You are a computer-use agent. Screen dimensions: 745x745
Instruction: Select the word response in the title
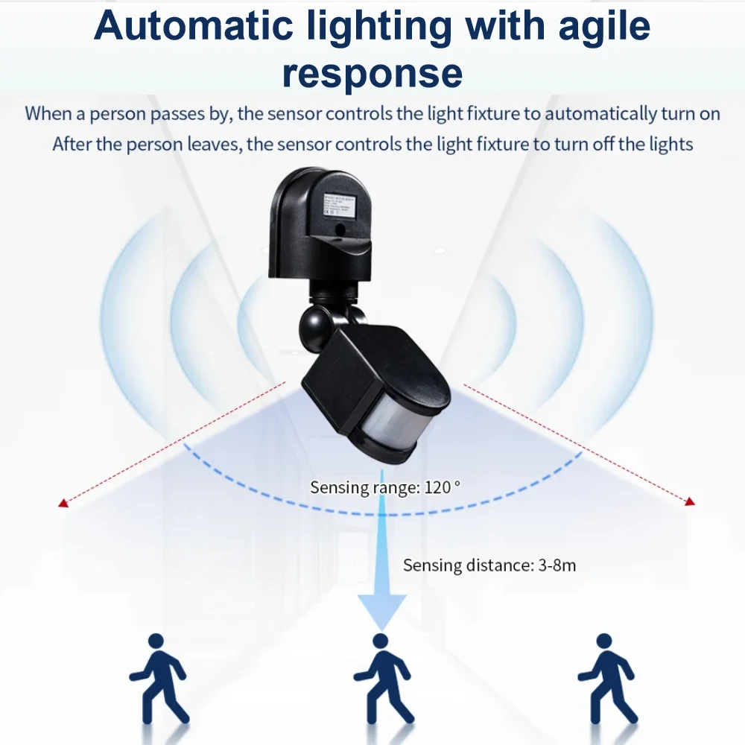pyautogui.click(x=372, y=73)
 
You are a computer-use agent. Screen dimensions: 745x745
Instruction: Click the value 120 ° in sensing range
pyautogui.click(x=443, y=488)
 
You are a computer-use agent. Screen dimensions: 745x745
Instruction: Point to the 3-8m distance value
pyautogui.click(x=557, y=565)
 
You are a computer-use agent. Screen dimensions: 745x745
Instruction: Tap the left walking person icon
pyautogui.click(x=159, y=678)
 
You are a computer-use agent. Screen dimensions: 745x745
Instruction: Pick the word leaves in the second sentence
pyautogui.click(x=211, y=144)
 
